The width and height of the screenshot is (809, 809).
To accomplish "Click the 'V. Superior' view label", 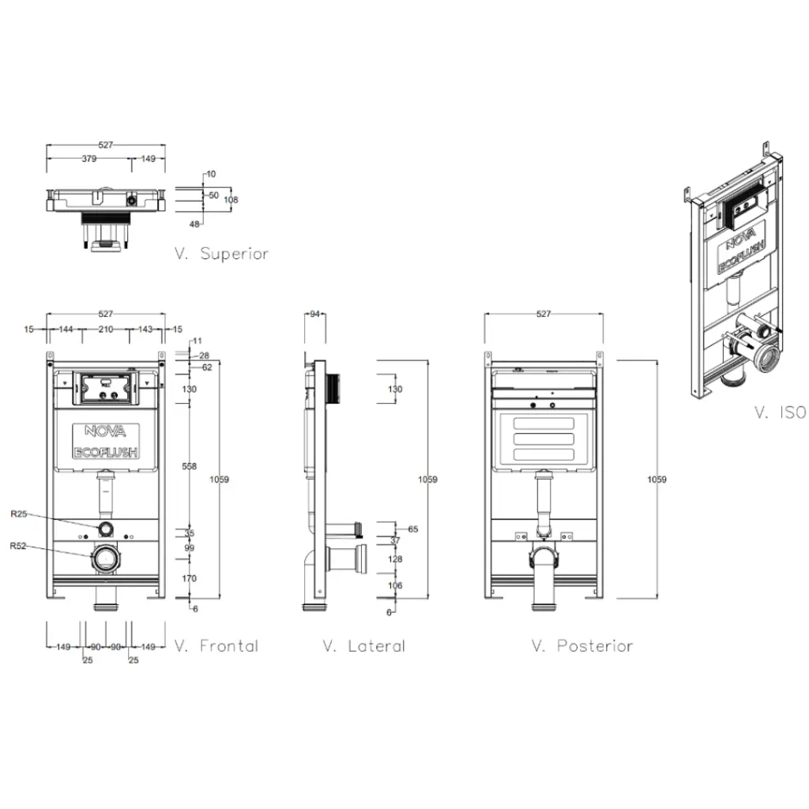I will pos(222,254).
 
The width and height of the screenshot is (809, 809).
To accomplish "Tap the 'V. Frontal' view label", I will pos(216,645).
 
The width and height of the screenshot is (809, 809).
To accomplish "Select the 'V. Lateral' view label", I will pos(364,645).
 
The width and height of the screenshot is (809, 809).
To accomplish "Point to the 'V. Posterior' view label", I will pos(582,645).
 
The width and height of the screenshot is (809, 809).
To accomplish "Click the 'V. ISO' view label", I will pos(779,412).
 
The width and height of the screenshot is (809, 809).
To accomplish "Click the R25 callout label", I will pos(19,514).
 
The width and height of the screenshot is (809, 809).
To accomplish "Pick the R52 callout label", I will pos(19,545).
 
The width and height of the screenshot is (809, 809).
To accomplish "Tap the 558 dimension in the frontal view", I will pos(190,467).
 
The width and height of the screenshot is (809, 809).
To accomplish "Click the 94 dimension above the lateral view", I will pos(315,314).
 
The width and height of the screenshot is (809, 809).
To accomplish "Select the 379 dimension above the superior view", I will pos(89,158).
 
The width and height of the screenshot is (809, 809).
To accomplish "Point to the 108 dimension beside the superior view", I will pos(230,200).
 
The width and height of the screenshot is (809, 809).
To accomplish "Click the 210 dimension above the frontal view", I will pos(106,329).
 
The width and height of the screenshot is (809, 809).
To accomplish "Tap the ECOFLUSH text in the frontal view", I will pos(106,453).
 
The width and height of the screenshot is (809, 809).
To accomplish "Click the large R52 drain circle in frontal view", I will pos(106,559).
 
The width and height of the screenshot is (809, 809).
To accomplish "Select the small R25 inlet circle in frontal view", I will pos(106,527).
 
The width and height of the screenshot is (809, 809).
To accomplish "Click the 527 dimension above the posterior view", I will pos(544,314).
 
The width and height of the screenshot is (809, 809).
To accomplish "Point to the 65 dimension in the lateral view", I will pos(412,529).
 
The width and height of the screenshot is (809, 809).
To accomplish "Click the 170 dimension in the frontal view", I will pos(190,578).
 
